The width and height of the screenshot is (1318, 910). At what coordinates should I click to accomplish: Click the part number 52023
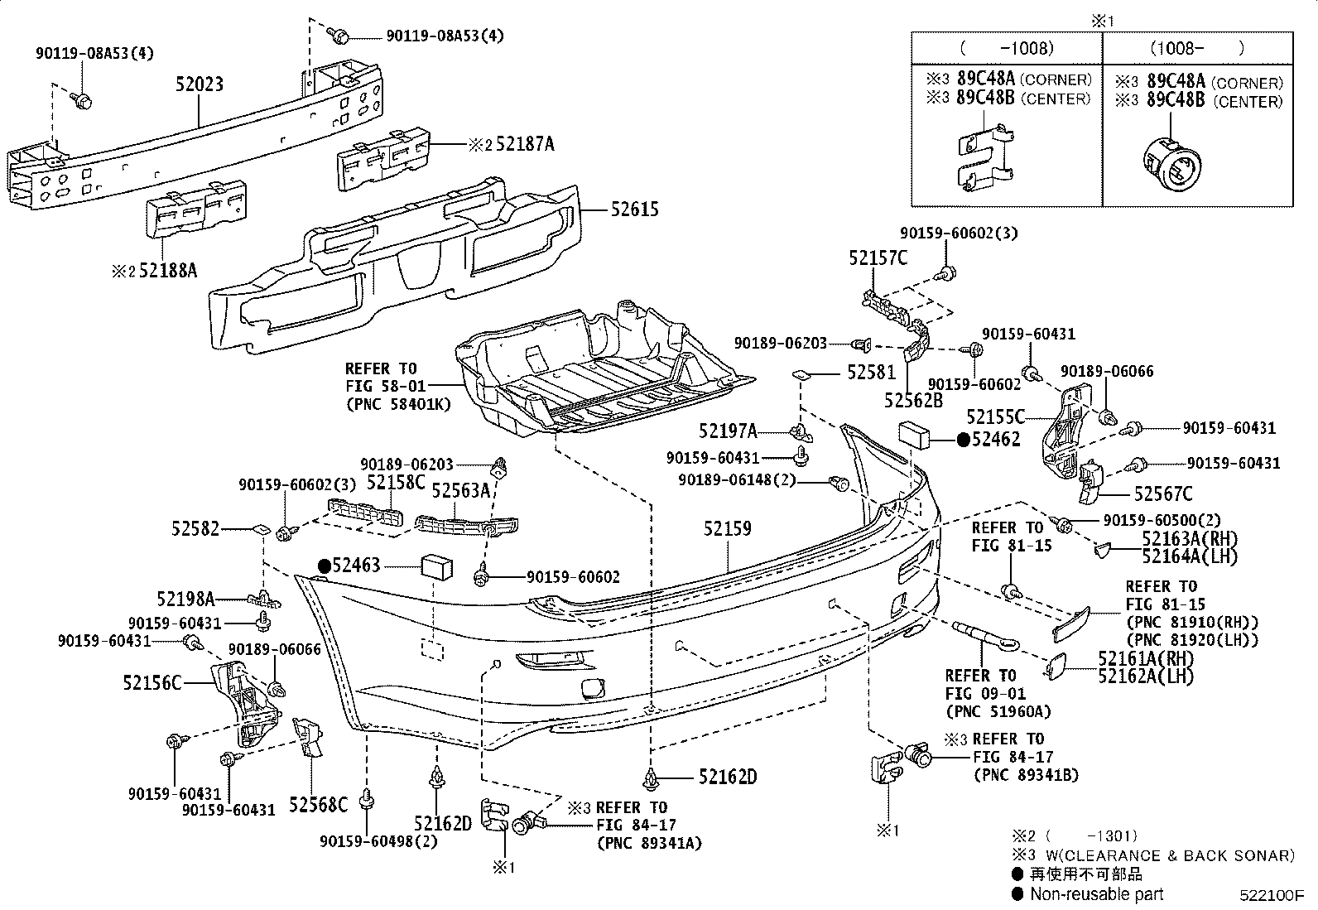(199, 84)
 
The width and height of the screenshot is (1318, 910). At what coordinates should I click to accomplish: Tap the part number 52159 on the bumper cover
(728, 527)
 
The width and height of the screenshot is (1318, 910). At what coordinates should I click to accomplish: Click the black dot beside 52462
(963, 441)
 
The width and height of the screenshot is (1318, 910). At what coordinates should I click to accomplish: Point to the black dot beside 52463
(325, 566)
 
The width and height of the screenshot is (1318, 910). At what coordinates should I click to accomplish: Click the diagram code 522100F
(1271, 896)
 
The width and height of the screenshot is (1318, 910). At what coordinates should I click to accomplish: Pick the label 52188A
(168, 270)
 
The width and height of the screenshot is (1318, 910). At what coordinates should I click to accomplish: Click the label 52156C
(152, 683)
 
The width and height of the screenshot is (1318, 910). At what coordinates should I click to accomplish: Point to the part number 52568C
(318, 803)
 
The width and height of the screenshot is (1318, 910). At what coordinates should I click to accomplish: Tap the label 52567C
(1163, 494)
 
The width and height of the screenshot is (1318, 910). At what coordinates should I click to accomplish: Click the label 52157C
(878, 258)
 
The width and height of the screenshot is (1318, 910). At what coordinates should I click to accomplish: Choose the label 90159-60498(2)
(378, 841)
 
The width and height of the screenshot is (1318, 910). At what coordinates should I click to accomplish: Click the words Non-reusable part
(1096, 893)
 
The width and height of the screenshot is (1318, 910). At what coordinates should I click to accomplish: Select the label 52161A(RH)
(1147, 658)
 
